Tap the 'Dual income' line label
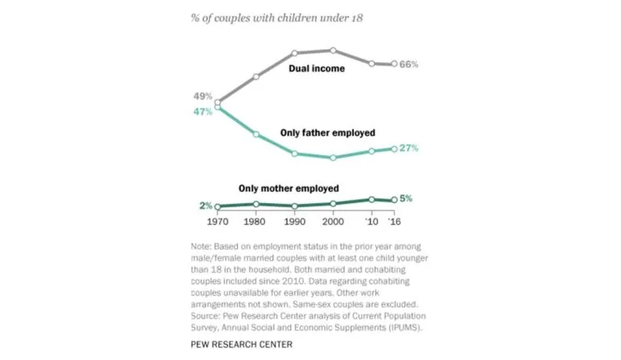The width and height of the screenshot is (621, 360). coord(317,69)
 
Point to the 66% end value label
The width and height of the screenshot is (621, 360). coord(409,64)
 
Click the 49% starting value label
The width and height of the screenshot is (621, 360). coord(202,96)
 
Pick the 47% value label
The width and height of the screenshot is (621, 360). coord(202,112)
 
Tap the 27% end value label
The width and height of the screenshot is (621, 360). coord(409,148)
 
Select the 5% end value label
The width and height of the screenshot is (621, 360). coord(407,199)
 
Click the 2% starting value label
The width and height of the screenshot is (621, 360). coord(205,206)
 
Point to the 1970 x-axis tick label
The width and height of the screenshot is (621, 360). coord(218,221)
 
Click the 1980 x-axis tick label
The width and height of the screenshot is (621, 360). coord(256,221)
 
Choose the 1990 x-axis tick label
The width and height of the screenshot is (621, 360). coord(295,221)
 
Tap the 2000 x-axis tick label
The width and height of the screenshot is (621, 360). coord(333,221)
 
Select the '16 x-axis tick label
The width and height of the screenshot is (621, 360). coord(394,221)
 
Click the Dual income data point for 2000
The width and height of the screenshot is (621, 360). coord(333,50)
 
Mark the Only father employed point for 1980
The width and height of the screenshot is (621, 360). coord(256,134)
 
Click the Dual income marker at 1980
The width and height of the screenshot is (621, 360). coord(256,77)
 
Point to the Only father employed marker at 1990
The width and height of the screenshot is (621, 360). coord(295,154)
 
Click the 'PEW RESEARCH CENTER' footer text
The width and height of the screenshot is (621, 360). coord(243,345)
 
